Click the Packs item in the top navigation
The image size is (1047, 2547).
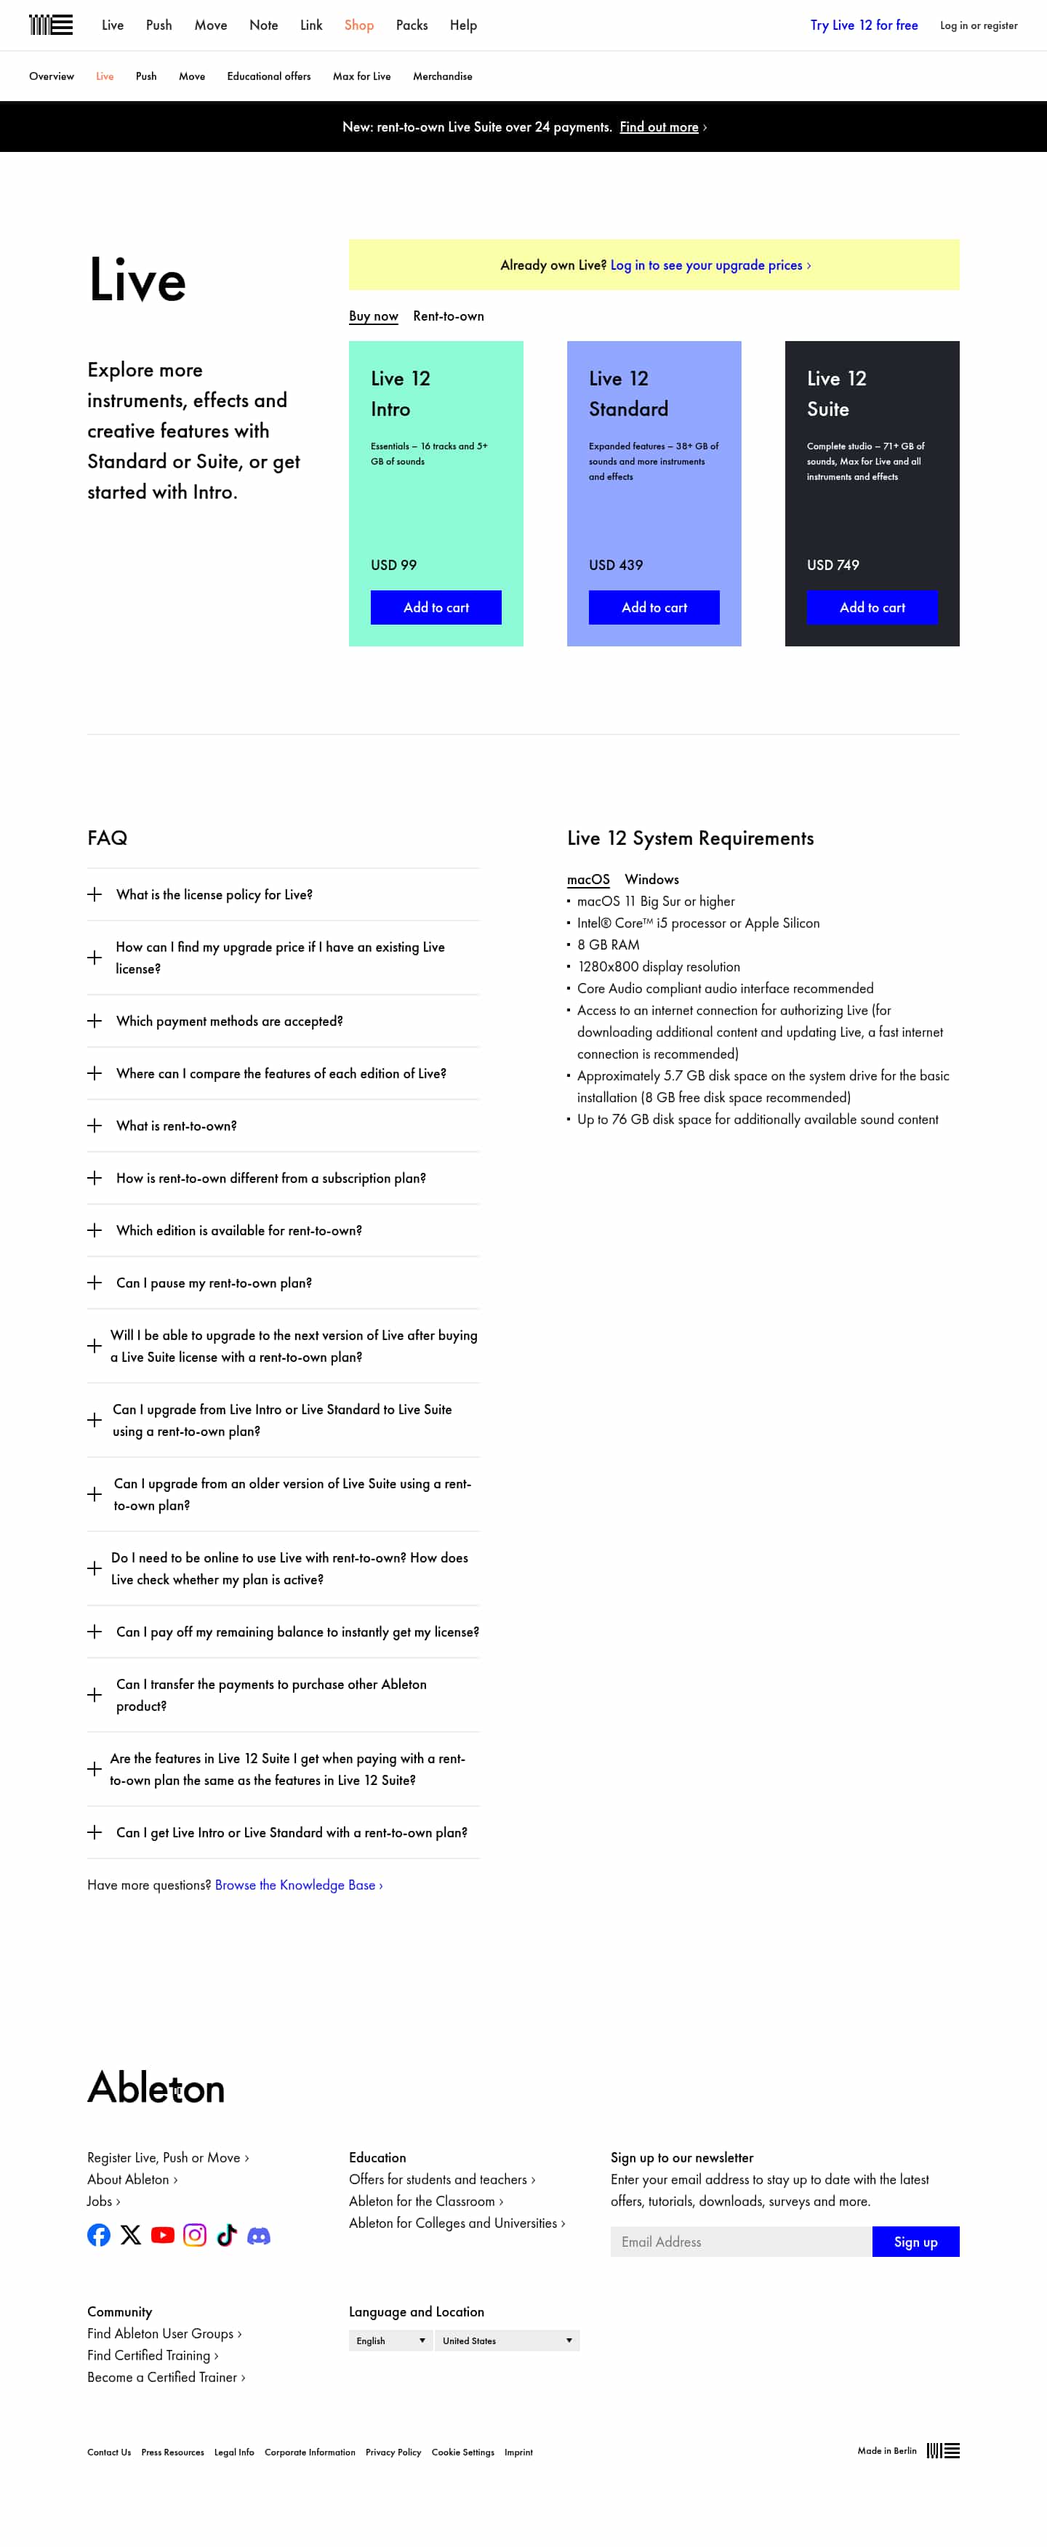click(412, 25)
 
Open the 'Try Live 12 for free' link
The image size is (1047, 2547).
click(863, 25)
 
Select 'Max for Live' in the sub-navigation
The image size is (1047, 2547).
click(361, 76)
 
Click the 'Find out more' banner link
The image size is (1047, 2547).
click(659, 127)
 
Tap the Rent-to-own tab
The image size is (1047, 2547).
click(448, 316)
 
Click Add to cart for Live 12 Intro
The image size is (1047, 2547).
click(435, 607)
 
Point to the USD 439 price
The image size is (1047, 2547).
click(615, 564)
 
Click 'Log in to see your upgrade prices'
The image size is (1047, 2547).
click(709, 265)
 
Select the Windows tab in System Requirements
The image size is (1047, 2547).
click(651, 879)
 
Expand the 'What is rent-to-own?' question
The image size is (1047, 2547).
click(176, 1126)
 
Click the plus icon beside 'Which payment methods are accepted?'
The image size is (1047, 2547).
click(95, 1020)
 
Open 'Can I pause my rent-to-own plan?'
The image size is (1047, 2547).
click(214, 1283)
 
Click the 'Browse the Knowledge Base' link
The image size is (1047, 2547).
click(297, 1885)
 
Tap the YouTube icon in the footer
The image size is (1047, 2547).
click(162, 2234)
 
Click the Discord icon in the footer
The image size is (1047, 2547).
click(258, 2234)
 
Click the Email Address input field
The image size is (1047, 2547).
click(740, 2242)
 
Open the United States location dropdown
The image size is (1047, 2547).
click(506, 2341)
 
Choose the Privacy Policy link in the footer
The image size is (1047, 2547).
click(393, 2452)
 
